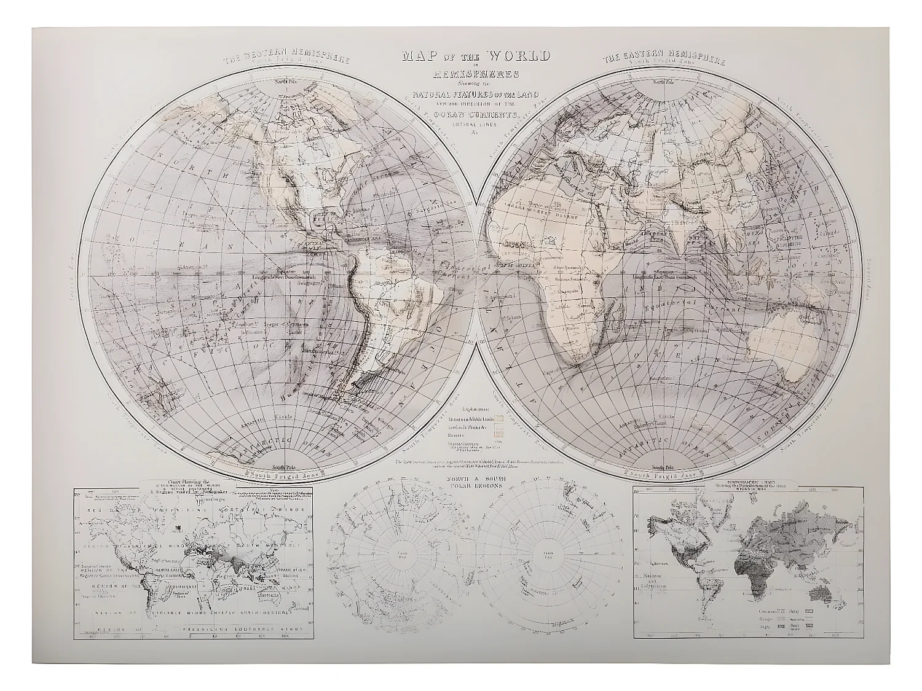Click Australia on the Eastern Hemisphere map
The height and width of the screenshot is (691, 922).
(x=793, y=350)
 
